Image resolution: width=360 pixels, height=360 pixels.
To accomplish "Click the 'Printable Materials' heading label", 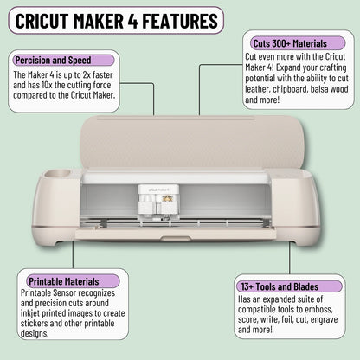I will (62, 281).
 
